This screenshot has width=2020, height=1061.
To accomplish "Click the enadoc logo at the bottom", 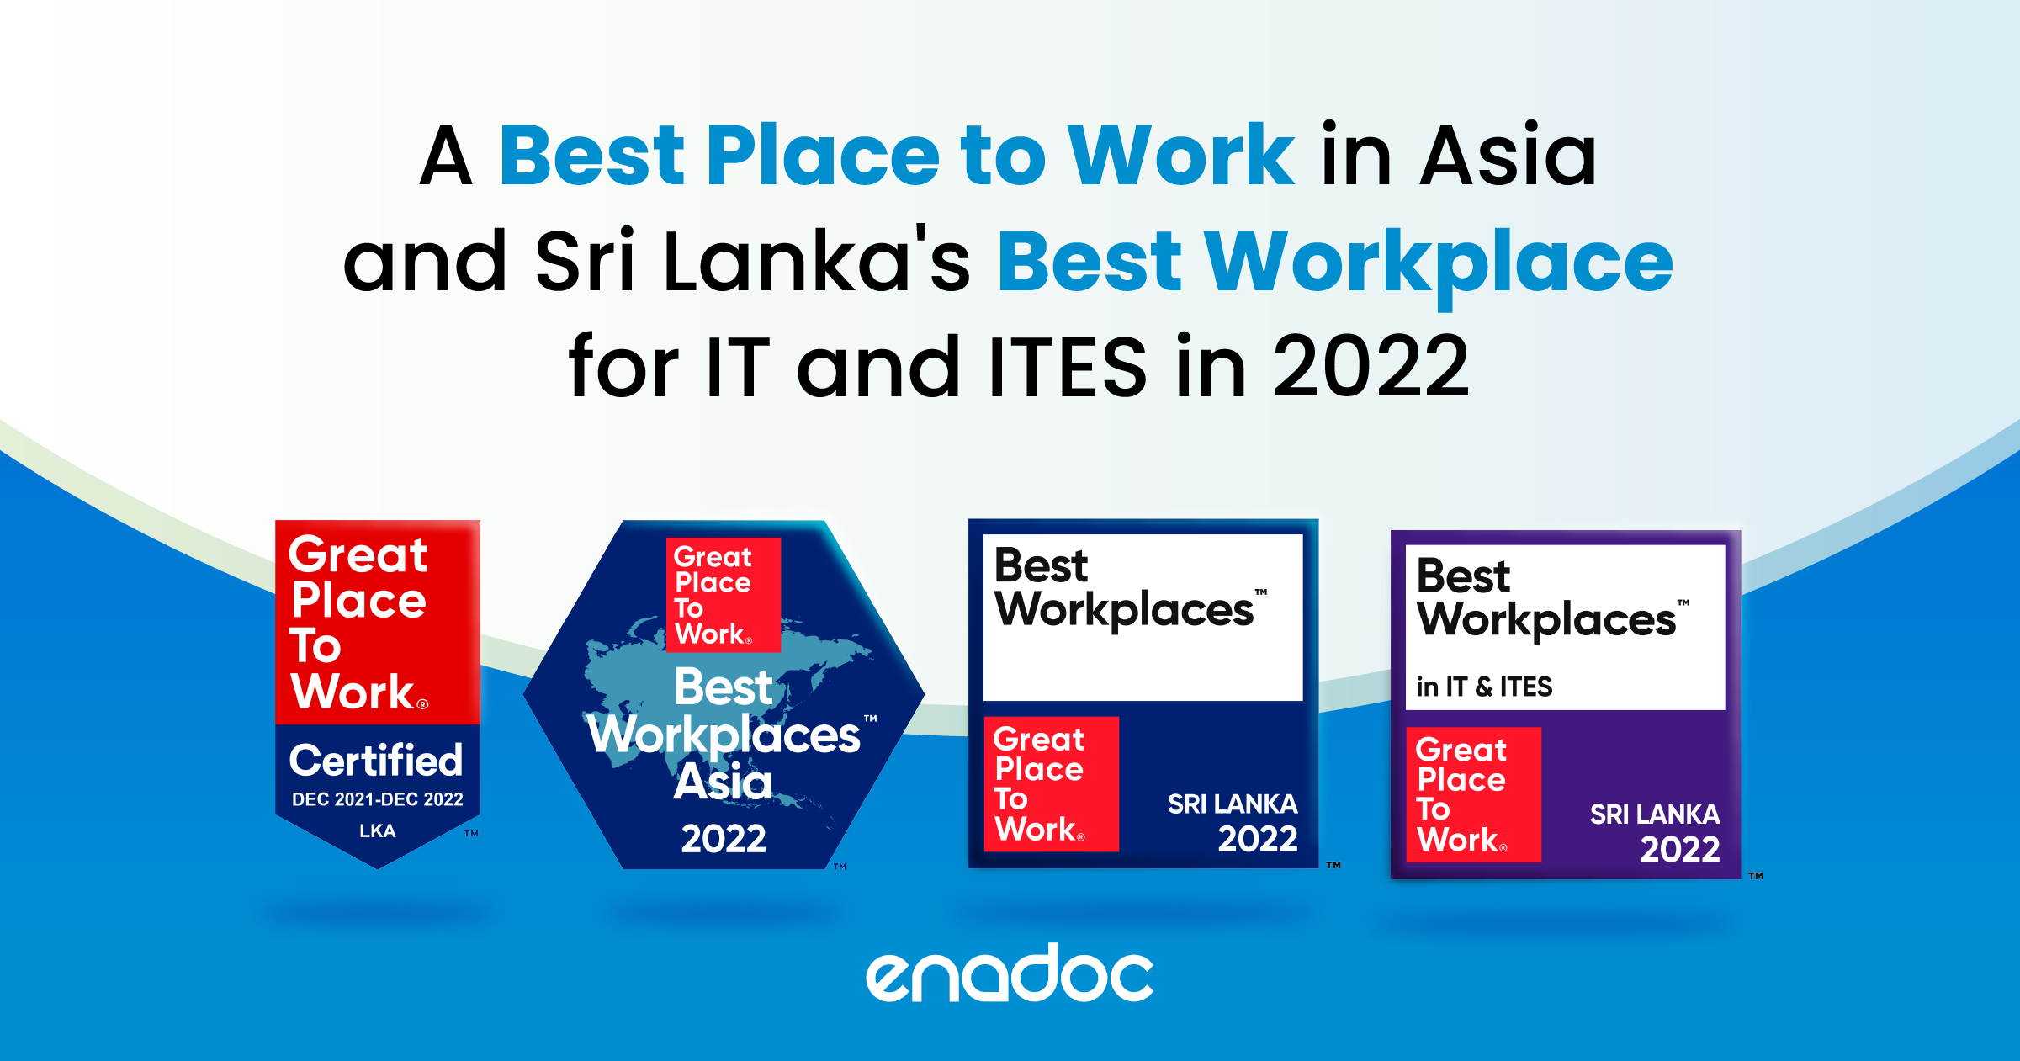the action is (1010, 973).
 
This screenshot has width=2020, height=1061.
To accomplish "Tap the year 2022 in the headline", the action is (1371, 367).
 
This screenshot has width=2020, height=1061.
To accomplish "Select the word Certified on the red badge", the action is (376, 761).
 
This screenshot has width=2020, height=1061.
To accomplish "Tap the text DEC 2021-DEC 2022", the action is (378, 799).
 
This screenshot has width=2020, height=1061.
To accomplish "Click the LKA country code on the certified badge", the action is (378, 831).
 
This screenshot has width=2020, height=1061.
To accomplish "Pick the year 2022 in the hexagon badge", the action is (724, 839).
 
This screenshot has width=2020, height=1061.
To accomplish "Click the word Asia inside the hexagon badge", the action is (723, 782).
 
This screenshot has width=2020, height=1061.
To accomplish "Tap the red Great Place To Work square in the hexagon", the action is (724, 595).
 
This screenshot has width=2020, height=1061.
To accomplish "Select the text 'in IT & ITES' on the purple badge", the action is (1484, 687).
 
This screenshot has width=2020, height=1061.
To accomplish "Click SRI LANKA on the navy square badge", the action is (1233, 804).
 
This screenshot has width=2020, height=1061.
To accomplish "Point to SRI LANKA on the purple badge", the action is (1655, 814).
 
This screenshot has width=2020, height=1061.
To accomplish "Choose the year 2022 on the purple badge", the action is (1680, 849).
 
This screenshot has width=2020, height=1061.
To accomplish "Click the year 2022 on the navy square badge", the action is (1258, 839).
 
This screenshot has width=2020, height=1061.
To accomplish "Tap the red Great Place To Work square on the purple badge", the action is (1474, 795).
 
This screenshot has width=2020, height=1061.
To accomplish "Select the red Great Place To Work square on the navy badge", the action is (1052, 784).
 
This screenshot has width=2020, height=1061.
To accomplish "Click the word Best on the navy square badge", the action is (1041, 565).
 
